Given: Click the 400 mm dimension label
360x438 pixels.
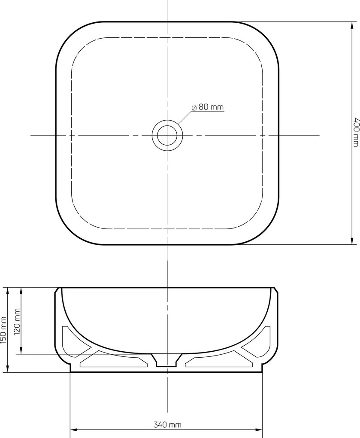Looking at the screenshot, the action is coord(357,132).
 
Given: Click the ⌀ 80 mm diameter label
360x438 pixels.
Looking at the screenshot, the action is coord(208,107).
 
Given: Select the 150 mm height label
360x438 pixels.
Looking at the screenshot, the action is coord(3,331).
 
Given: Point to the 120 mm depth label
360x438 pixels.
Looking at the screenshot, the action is coord(17,322).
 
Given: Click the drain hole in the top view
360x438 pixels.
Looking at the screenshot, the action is coord(167,135).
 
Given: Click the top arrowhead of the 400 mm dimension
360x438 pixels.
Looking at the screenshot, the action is coord(352,26).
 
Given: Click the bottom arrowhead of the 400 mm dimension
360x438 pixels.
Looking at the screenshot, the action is coord(352,240).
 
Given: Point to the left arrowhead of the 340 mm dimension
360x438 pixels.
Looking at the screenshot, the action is coord(74,430).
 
